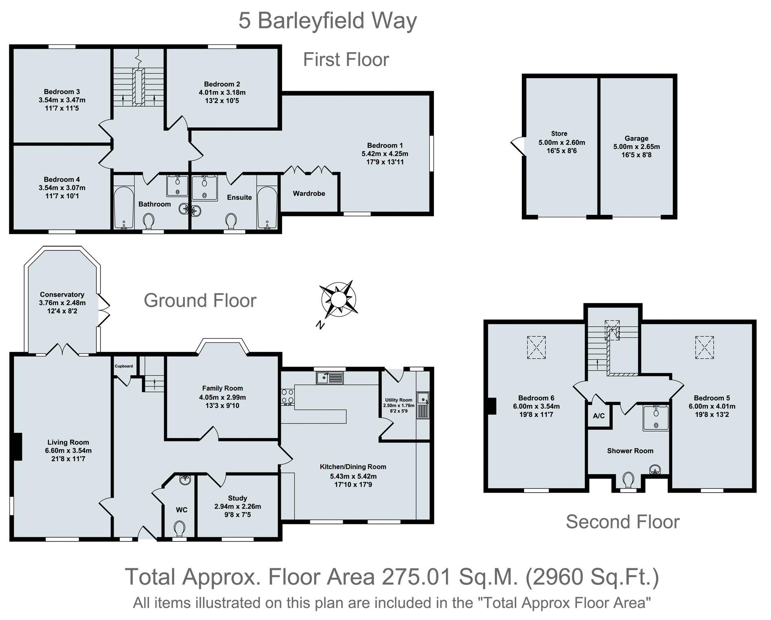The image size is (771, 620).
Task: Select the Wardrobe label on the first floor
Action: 309,193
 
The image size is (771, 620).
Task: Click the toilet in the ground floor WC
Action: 179,529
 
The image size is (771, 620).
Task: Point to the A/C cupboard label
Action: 599,416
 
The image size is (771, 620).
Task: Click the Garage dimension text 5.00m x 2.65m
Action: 637,146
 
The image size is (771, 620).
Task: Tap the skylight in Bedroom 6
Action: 537,347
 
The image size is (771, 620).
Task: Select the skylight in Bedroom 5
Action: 704,347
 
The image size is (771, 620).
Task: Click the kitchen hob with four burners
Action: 288,397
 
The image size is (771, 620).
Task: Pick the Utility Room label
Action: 399,400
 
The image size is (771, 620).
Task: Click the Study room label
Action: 238,498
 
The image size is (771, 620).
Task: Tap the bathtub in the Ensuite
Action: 267,208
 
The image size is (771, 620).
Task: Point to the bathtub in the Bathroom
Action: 124,208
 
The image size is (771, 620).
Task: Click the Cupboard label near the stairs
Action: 124,366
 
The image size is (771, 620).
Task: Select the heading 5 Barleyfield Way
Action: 328,21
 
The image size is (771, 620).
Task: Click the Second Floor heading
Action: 623,522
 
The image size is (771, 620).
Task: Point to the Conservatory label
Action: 62,295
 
